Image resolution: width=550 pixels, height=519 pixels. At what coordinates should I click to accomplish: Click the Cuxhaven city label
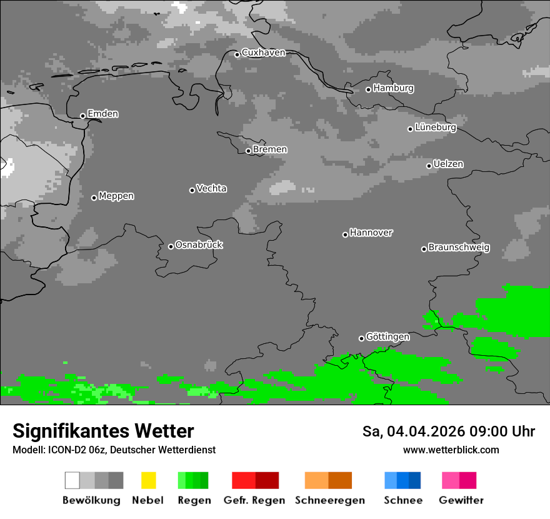(x=263, y=53)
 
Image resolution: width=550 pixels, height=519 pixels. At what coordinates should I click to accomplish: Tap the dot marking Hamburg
(x=368, y=89)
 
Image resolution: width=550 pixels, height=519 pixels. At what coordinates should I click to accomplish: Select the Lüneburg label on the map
(x=436, y=128)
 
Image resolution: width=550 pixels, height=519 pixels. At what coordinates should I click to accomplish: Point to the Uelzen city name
(x=448, y=164)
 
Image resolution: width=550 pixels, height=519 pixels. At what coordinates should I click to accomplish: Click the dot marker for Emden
(x=82, y=116)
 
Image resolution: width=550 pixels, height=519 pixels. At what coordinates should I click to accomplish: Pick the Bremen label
(x=270, y=149)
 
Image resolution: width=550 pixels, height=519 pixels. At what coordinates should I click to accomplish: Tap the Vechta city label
(x=211, y=189)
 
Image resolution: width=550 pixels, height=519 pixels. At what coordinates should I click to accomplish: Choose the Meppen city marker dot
(x=94, y=198)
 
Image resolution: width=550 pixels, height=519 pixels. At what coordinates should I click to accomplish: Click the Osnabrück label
(x=199, y=245)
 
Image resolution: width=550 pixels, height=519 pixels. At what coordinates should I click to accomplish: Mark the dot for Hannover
(x=345, y=234)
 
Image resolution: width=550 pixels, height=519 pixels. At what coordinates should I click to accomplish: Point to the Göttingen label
(x=387, y=337)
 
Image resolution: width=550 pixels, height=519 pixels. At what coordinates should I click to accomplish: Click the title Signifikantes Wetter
(x=103, y=431)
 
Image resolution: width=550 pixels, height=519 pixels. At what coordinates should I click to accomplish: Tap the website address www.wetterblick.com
(x=451, y=450)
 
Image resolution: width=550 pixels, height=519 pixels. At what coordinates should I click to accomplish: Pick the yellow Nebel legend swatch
(x=148, y=480)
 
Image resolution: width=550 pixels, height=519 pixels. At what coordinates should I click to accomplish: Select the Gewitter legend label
(x=461, y=500)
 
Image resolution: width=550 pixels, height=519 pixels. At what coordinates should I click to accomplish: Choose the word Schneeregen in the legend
(x=330, y=500)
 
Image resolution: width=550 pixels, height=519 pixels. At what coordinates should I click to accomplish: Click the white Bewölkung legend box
(x=72, y=480)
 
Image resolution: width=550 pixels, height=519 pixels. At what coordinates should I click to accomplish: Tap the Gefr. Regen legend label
(x=254, y=500)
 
